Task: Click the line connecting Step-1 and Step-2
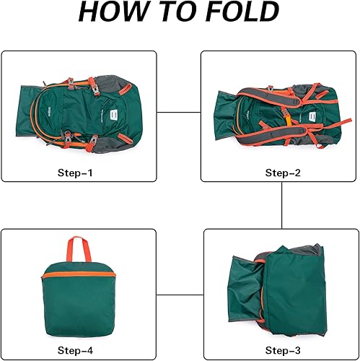179,112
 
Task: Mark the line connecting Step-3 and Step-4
180,294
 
